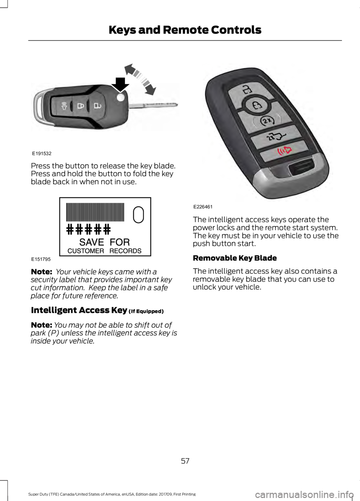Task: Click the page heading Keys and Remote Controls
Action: pos(185,30)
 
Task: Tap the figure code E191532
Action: pos(41,154)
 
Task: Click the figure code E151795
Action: pos(41,259)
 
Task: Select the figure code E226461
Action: pos(203,207)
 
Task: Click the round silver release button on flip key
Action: pos(120,98)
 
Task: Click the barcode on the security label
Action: pos(95,212)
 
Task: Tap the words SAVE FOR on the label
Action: pos(104,242)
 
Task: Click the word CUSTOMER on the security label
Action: pos(85,251)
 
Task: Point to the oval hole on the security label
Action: pos(138,215)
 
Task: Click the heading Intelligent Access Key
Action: pos(79,310)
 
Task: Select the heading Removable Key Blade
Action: pos(235,258)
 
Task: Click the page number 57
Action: pos(185,461)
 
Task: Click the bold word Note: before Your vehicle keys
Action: pos(41,272)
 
